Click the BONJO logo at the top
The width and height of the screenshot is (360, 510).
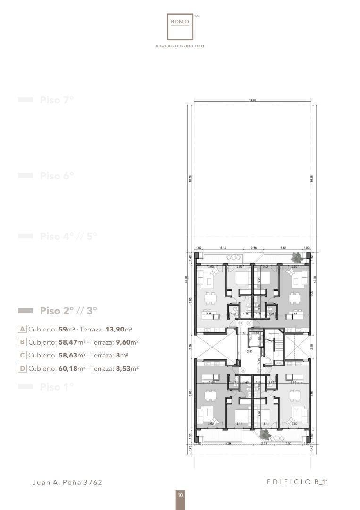click(180, 26)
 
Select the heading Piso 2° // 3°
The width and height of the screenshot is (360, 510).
click(68, 311)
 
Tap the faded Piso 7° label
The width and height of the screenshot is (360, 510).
click(57, 100)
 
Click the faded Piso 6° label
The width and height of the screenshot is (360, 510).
click(57, 176)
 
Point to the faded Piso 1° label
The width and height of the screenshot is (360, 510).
click(57, 387)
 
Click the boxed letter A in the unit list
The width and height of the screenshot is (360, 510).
click(22, 329)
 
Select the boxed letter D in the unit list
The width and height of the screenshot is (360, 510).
click(22, 368)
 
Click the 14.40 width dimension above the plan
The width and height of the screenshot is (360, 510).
click(252, 100)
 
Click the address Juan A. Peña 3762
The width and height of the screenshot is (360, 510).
click(67, 483)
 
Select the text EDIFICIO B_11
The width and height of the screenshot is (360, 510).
click(297, 482)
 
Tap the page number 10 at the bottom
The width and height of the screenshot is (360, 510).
click(180, 495)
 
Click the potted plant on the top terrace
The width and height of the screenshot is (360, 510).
click(297, 257)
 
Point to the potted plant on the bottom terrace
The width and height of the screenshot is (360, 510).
click(265, 434)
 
